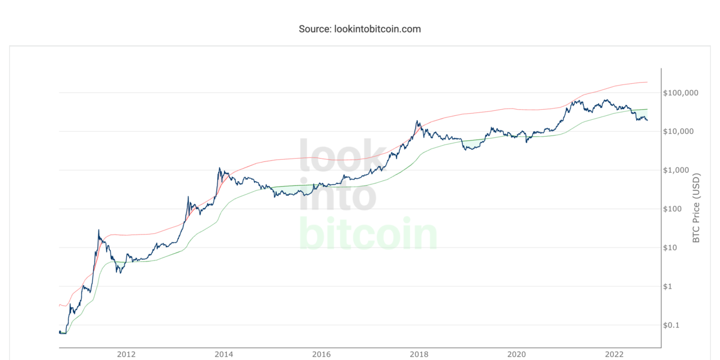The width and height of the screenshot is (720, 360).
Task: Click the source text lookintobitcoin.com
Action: (359, 29)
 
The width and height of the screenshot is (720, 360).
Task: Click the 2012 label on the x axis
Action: (126, 354)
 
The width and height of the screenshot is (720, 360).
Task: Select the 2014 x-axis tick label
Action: (224, 354)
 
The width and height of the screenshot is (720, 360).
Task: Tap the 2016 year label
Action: (321, 354)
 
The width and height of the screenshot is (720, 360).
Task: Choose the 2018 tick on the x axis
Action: (419, 354)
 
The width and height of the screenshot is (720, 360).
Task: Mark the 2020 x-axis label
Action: (516, 354)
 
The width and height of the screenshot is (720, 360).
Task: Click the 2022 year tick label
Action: (614, 354)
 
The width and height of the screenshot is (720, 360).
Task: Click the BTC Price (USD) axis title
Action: (696, 209)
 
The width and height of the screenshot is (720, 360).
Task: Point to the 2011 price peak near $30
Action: (99, 230)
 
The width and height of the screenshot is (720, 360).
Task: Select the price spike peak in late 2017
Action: (417, 121)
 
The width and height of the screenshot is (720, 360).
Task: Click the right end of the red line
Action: (647, 82)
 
